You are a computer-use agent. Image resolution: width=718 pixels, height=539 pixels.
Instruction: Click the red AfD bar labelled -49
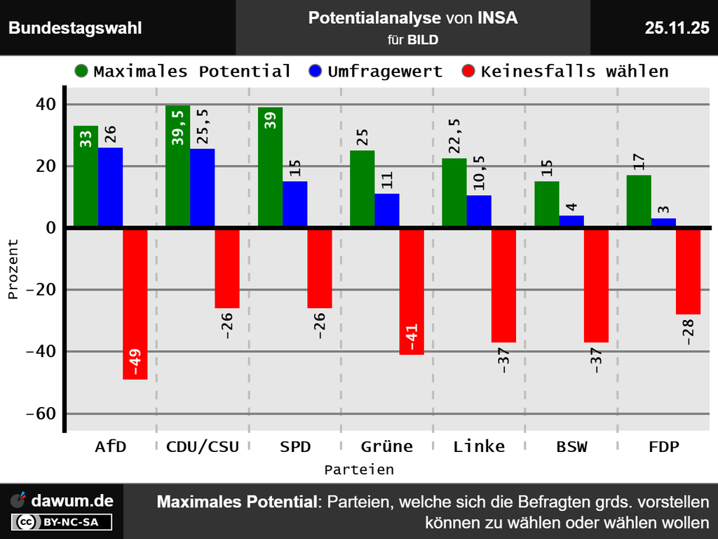[x=135, y=303]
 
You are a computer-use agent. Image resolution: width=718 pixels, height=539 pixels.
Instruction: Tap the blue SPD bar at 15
[x=294, y=204]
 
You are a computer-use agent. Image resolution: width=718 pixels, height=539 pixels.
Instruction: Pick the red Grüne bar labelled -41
[x=412, y=291]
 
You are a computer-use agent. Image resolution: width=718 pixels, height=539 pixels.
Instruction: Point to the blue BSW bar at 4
[x=571, y=221]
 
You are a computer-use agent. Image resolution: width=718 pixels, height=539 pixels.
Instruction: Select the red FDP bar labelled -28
[x=688, y=271]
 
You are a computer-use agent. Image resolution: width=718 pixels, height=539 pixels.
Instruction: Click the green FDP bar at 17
[x=639, y=201]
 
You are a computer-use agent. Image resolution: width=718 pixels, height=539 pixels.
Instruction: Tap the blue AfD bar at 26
[x=110, y=187]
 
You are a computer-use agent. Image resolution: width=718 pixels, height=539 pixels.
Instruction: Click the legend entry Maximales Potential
[x=182, y=72]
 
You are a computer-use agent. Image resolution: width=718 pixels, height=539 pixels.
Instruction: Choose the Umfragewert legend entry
[x=376, y=72]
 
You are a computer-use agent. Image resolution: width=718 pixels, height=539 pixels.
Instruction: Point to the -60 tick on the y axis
[x=41, y=413]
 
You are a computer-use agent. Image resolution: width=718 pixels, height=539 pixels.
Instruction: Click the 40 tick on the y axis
[x=46, y=105]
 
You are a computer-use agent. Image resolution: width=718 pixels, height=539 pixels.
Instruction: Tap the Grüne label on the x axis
[x=387, y=446]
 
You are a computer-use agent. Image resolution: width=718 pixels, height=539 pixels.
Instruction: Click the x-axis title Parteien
[x=359, y=469]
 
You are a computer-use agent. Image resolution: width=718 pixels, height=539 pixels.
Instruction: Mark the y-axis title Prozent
[x=13, y=269]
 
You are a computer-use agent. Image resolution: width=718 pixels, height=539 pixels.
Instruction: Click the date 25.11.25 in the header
[x=677, y=28]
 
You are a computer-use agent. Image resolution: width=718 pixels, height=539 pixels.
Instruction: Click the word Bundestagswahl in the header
[x=75, y=28]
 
